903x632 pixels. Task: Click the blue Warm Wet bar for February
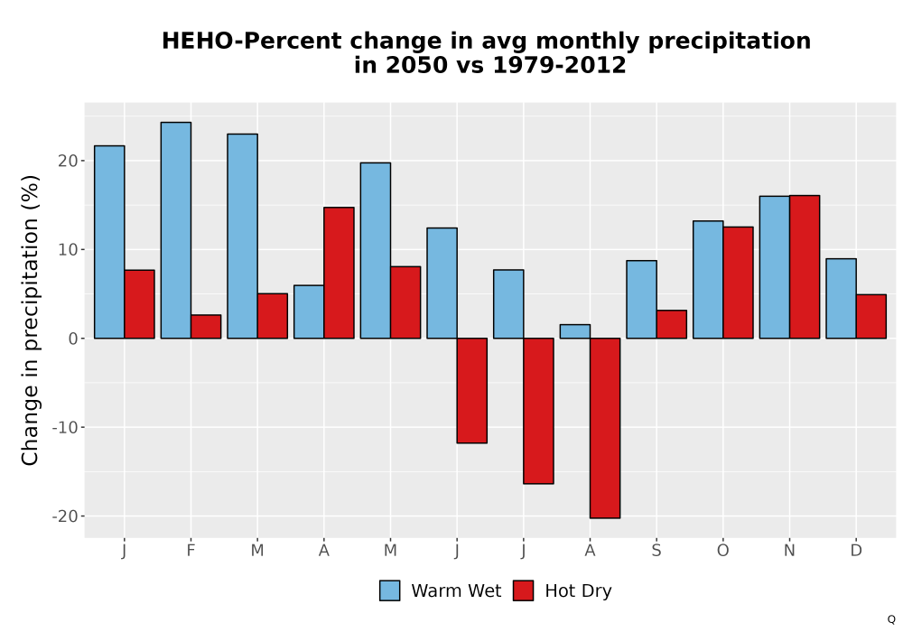[176, 230]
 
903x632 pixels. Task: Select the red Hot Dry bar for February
[206, 326]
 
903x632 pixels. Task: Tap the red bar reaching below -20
[605, 428]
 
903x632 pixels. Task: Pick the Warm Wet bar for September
[641, 300]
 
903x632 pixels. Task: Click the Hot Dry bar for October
[739, 283]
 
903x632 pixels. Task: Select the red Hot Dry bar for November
[805, 267]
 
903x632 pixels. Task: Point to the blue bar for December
[842, 299]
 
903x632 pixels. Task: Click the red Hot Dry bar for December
[871, 317]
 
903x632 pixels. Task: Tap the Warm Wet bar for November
[775, 267]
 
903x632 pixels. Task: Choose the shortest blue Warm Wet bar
[575, 331]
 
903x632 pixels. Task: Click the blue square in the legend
[390, 590]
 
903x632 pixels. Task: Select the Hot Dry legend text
[578, 591]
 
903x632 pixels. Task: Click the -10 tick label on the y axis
[64, 428]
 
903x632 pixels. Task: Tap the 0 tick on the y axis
[73, 339]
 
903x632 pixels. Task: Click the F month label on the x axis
[191, 551]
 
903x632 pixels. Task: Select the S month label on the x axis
[656, 551]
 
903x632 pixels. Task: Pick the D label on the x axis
[856, 551]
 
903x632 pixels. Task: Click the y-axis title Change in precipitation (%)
[30, 320]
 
